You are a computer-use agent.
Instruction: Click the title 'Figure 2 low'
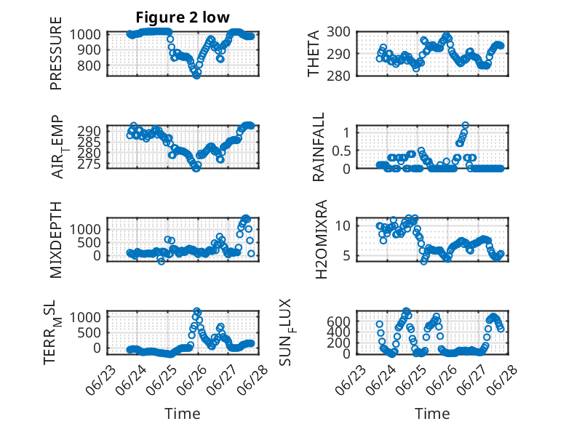pos(183,17)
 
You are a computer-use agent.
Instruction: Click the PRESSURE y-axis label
pos(56,53)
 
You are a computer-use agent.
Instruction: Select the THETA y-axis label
pos(314,53)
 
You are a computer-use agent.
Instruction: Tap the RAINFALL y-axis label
pos(319,146)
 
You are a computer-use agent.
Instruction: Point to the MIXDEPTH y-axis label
pos(56,239)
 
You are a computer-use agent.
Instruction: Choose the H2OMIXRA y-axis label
pos(321,239)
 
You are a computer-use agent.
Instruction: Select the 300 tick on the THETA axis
pos(338,32)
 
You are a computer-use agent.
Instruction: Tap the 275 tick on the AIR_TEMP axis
pos(89,164)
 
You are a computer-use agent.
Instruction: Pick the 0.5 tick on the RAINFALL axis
pos(341,151)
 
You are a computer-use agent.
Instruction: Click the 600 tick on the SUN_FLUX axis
pos(338,321)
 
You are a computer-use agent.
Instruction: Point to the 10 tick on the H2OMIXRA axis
pos(343,226)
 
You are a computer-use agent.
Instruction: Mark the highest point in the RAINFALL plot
pos(466,125)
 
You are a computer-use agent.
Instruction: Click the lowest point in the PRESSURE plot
pos(196,76)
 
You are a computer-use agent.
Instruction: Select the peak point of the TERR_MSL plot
pos(196,311)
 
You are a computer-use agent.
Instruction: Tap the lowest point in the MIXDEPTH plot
pos(162,261)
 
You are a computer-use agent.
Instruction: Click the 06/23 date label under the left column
pos(101,380)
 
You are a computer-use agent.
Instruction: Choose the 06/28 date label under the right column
pos(503,380)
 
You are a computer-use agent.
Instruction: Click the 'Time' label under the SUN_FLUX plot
pos(432,414)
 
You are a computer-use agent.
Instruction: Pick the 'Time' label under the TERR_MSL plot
pos(183,414)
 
